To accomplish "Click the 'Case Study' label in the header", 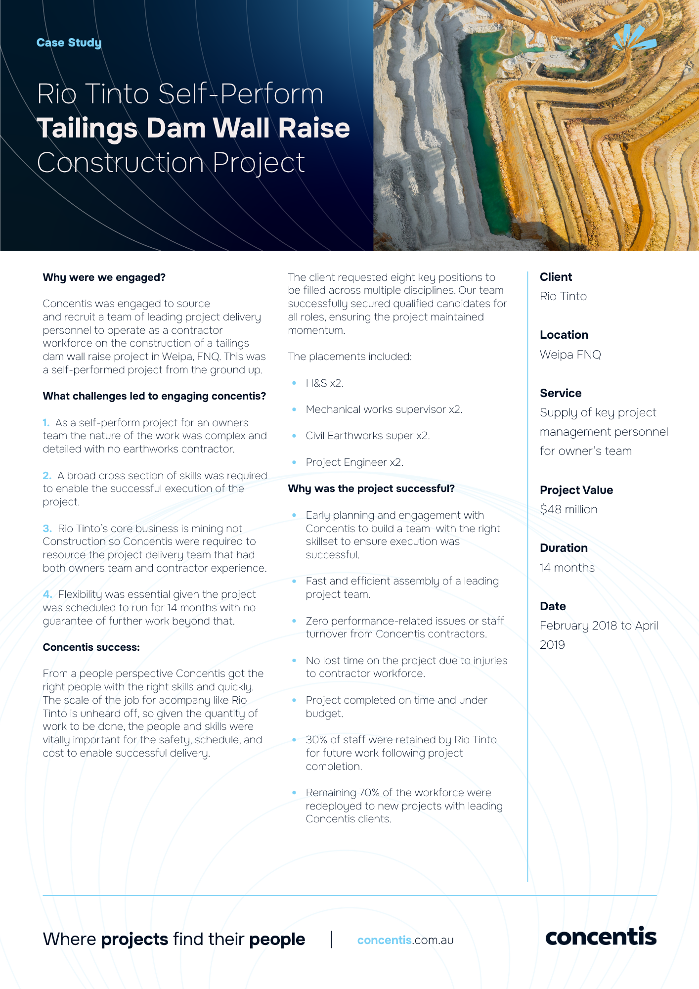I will [69, 43].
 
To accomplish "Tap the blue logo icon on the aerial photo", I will [634, 38].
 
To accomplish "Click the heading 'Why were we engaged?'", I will [104, 277].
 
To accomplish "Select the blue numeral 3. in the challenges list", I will [47, 529].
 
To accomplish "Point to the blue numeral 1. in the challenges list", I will [46, 423].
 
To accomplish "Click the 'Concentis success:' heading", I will [91, 647].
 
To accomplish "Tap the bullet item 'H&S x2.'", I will [324, 383].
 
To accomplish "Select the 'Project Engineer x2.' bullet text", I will [354, 462].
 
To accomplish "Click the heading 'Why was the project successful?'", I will [371, 489].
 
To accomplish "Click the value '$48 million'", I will [568, 509].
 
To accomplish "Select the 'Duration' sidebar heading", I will [564, 548].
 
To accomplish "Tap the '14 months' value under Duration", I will [567, 568].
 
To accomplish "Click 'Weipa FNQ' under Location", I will [570, 355].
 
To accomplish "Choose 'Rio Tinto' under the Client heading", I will [563, 296].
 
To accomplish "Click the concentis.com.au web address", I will [405, 940].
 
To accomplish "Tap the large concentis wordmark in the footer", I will [601, 937].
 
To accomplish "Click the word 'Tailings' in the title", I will [87, 129].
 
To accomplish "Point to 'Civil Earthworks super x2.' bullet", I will [368, 436].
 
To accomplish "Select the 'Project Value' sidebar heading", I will [576, 490].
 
